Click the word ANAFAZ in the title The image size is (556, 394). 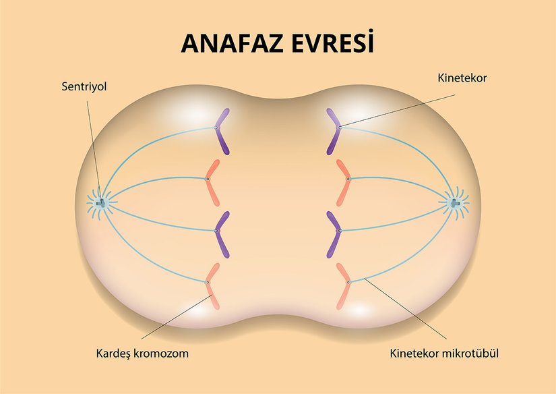pos(228,42)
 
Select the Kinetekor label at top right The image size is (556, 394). pos(462,78)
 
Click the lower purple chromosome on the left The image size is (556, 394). pos(220,233)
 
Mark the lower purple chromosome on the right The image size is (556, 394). pos(336,233)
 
